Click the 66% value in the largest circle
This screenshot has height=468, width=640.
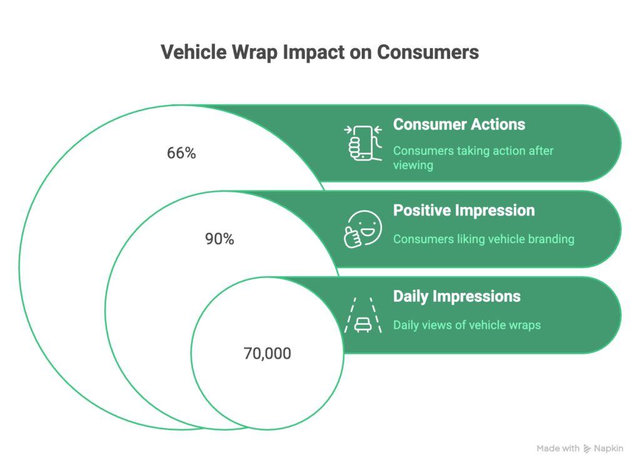tap(181, 153)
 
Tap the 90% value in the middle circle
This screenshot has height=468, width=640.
tap(219, 239)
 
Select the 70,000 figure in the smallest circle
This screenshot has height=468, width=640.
tap(267, 354)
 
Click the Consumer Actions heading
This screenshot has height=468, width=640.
tap(459, 124)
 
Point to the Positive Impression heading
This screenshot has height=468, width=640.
tap(464, 210)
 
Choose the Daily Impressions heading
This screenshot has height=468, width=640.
tap(456, 296)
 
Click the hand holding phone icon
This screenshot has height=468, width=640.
tap(362, 142)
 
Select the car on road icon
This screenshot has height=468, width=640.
tap(362, 315)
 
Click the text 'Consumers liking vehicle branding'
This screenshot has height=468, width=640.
tap(483, 239)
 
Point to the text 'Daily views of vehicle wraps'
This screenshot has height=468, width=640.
tap(466, 325)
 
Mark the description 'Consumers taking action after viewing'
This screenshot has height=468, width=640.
tap(473, 158)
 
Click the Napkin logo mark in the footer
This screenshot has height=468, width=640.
tap(587, 449)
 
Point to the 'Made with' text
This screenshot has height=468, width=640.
tap(558, 449)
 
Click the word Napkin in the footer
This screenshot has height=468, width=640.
tap(609, 449)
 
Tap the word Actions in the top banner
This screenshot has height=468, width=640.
tap(499, 124)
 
